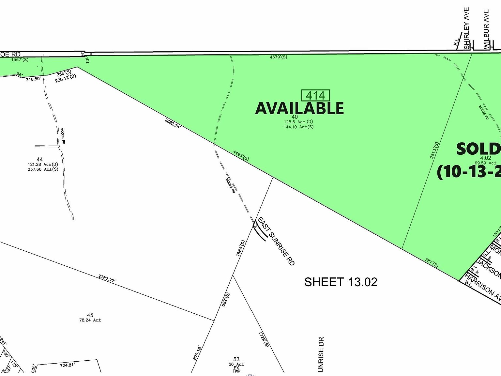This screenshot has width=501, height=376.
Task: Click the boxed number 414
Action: [x=315, y=95]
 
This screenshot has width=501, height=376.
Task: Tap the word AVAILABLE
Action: [x=299, y=108]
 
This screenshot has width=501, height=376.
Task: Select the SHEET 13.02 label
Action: [x=341, y=282]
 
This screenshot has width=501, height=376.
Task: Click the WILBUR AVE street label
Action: [x=486, y=29]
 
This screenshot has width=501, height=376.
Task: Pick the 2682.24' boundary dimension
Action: [x=173, y=123]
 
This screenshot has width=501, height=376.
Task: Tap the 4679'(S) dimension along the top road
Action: [x=279, y=57]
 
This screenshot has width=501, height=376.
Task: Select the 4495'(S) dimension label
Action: [x=241, y=155]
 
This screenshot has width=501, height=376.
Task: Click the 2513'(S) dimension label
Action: [x=434, y=150]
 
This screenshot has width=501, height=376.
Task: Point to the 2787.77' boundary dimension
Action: [x=107, y=278]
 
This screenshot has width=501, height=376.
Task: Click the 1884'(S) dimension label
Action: [x=240, y=248]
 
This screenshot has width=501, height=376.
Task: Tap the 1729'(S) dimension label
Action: [x=264, y=339]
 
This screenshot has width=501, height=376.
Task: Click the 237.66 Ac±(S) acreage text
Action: [x=43, y=169]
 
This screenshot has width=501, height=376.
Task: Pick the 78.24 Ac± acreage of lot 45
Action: [x=90, y=320]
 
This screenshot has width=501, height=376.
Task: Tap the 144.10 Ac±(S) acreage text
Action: [x=298, y=127]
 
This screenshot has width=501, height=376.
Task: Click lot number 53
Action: [x=236, y=359]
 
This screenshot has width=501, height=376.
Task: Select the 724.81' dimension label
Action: [x=67, y=365]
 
